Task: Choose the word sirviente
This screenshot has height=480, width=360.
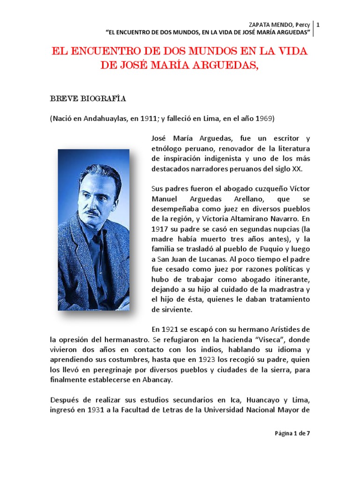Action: (x=168, y=310)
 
